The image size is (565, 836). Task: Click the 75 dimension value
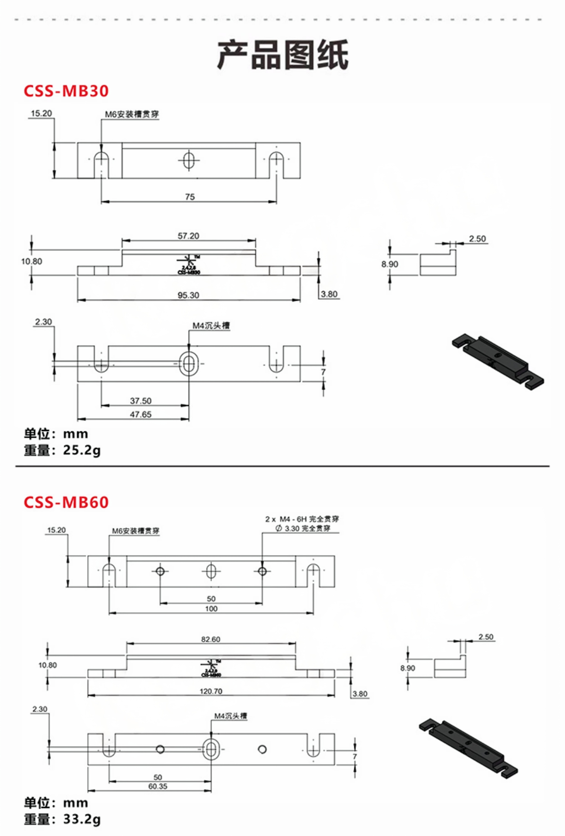[190, 197]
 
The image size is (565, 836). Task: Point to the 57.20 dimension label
[188, 236]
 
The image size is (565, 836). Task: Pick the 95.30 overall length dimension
[188, 295]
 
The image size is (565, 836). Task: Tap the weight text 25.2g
[82, 450]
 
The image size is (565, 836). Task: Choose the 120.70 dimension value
[211, 691]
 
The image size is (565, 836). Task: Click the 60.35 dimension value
[158, 786]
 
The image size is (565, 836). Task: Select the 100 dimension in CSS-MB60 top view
[211, 609]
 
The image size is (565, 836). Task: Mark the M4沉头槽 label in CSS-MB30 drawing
[211, 326]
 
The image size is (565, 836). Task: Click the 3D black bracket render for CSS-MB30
[498, 362]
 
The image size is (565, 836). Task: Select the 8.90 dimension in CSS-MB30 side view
[390, 264]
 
